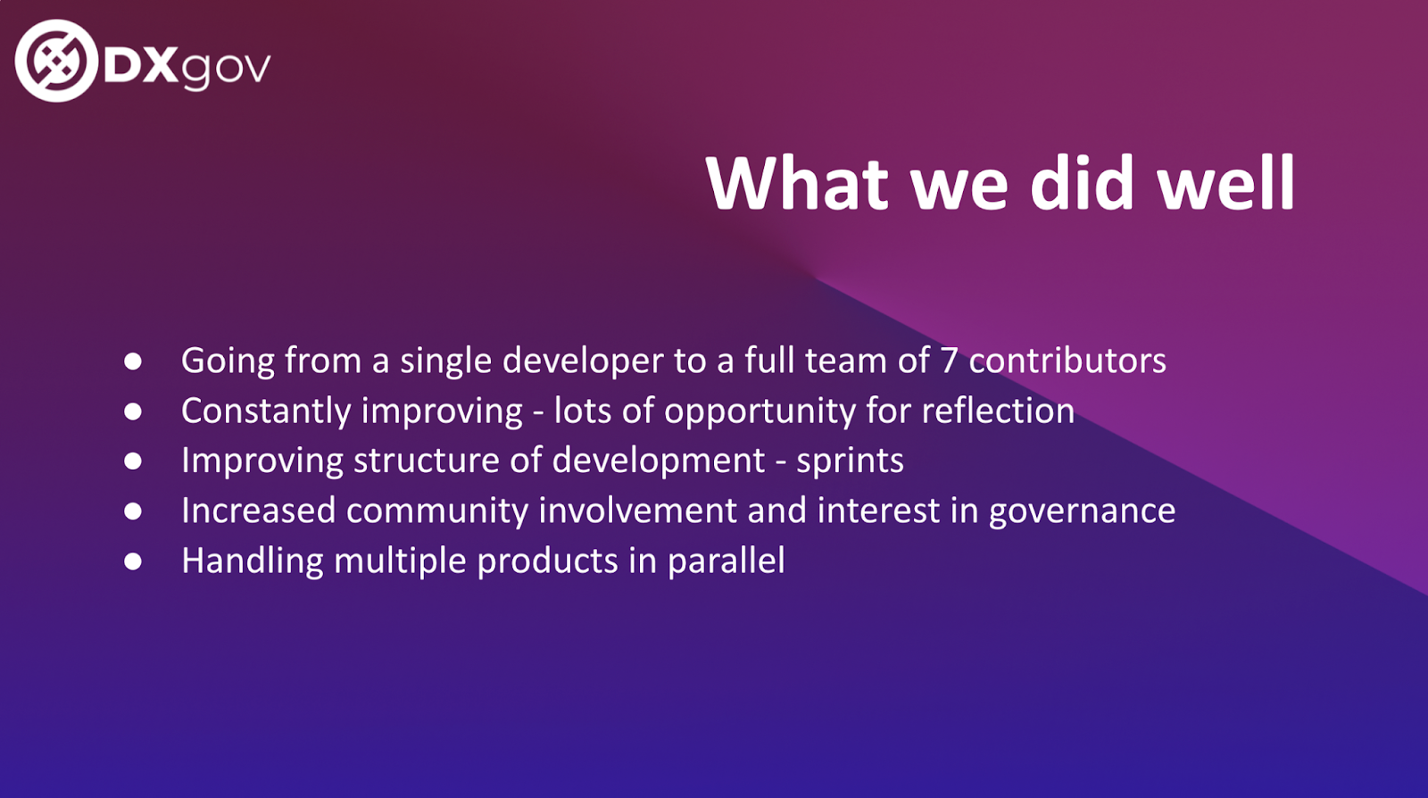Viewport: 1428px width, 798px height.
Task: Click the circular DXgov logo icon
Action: coord(56,61)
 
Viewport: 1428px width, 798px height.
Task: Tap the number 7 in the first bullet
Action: coord(950,361)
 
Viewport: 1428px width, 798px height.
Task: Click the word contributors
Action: coord(1067,360)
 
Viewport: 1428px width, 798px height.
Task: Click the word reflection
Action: coord(998,411)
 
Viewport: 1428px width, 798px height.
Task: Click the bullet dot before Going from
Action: coord(133,362)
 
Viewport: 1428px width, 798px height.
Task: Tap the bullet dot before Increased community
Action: coord(133,511)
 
